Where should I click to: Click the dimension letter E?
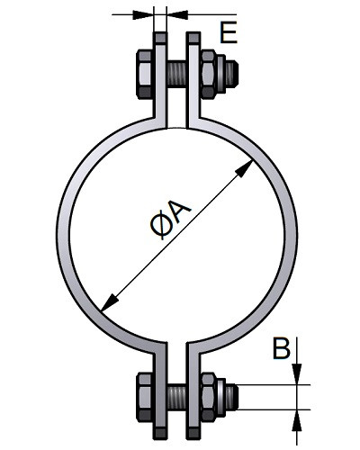pyautogui.click(x=229, y=32)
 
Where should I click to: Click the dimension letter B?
pyautogui.click(x=282, y=348)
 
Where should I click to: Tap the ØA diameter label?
pyautogui.click(x=170, y=220)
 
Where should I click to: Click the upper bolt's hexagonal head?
pyautogui.click(x=145, y=74)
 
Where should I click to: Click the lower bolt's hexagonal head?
pyautogui.click(x=145, y=397)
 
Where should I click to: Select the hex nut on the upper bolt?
pyautogui.click(x=208, y=75)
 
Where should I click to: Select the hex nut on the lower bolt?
pyautogui.click(x=208, y=397)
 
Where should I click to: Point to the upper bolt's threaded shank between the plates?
pyautogui.click(x=177, y=74)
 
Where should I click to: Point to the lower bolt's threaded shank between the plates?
pyautogui.click(x=177, y=397)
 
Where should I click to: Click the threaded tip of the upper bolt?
pyautogui.click(x=232, y=74)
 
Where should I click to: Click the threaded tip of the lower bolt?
pyautogui.click(x=232, y=397)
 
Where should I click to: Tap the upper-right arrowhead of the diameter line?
pyautogui.click(x=244, y=168)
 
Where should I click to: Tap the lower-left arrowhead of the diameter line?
pyautogui.click(x=110, y=302)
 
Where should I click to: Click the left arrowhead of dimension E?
pyautogui.click(x=143, y=14)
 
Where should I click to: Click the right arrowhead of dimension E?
pyautogui.click(x=177, y=14)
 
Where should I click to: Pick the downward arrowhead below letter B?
pyautogui.click(x=297, y=373)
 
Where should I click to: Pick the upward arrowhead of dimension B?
pyautogui.click(x=297, y=420)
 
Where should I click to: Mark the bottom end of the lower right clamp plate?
pyautogui.click(x=193, y=438)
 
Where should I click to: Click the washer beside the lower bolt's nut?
pyautogui.click(x=220, y=397)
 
